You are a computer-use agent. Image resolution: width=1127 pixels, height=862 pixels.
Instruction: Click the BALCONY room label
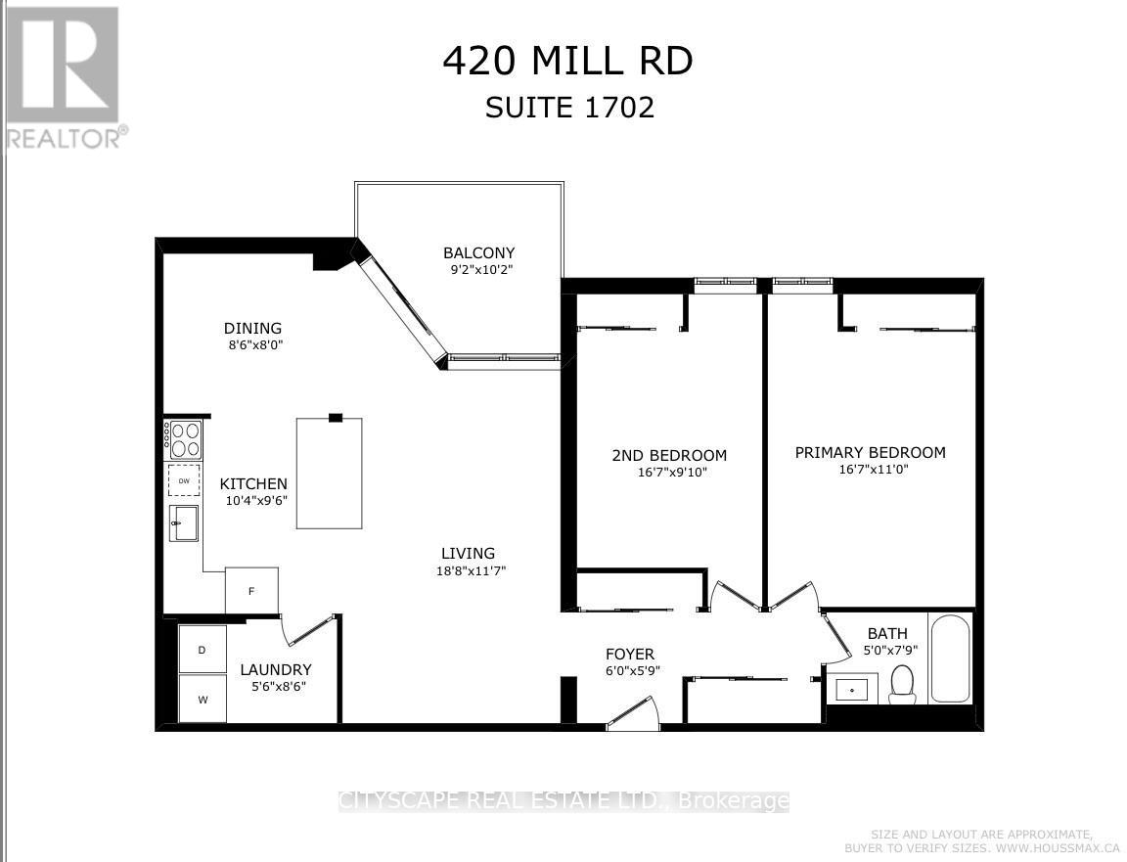(478, 252)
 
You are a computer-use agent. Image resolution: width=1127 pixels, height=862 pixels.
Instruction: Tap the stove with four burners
(185, 439)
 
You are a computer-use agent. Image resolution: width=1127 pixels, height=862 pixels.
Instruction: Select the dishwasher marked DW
(184, 480)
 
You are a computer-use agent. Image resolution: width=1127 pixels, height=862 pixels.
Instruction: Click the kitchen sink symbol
(183, 523)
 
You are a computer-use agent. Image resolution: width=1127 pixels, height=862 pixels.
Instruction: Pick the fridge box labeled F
(251, 591)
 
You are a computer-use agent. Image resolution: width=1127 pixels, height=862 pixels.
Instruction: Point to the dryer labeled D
(203, 649)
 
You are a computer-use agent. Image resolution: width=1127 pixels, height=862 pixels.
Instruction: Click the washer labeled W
(203, 699)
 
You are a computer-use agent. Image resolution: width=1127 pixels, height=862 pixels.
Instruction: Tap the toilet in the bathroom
(902, 684)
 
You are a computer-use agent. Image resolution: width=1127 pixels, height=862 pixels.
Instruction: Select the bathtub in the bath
(950, 658)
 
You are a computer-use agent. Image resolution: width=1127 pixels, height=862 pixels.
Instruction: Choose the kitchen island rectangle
(330, 474)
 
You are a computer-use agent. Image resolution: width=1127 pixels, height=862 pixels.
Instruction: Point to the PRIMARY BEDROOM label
(870, 452)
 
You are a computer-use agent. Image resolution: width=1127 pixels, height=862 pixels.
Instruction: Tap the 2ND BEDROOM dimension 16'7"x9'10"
(670, 472)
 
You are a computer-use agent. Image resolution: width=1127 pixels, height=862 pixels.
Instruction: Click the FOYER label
(630, 654)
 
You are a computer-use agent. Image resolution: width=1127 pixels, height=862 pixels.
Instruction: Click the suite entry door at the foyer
(633, 713)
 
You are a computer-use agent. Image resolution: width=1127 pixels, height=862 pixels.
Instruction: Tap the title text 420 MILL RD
(567, 61)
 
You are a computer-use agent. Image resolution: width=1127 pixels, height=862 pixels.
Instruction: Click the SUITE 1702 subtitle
(569, 107)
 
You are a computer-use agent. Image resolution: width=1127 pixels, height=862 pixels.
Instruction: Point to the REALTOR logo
(64, 77)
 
